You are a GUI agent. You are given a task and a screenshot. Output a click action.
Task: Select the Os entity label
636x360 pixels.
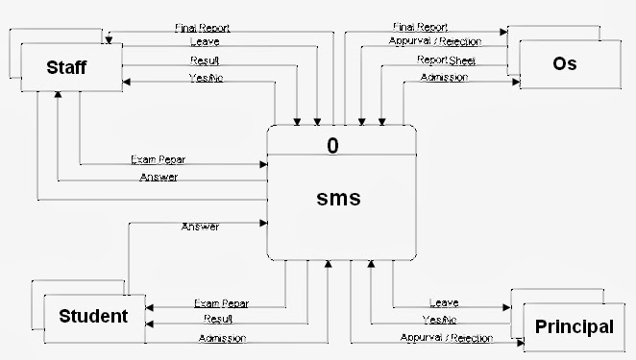[565, 64]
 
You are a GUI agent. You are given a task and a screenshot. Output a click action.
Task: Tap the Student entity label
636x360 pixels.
[93, 316]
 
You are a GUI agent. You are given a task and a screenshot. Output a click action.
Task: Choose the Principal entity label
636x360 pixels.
[575, 326]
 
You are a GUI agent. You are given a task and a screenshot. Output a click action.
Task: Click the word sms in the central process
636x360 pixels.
[338, 199]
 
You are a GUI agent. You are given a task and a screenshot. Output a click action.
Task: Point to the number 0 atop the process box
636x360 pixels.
[332, 146]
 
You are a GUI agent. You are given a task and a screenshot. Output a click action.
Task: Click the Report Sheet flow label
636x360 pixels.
[446, 61]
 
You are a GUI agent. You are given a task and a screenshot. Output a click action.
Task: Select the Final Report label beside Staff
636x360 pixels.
[203, 28]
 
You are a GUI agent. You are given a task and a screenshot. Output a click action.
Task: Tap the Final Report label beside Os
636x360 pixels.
[420, 27]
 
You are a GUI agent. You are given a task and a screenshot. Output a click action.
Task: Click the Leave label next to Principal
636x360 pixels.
[443, 303]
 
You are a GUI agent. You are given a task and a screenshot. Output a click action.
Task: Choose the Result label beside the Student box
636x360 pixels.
[218, 319]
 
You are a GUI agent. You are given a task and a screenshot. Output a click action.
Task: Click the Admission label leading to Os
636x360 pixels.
[444, 78]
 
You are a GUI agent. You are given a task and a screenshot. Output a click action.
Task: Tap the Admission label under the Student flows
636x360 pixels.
[222, 338]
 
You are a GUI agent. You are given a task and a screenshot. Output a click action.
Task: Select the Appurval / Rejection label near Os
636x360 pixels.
[435, 42]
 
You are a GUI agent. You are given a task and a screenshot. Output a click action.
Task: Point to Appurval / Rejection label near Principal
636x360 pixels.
[446, 338]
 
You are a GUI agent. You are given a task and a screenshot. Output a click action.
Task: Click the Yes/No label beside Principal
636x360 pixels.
[440, 320]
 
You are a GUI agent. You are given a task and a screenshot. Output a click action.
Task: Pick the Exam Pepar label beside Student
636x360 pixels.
[221, 303]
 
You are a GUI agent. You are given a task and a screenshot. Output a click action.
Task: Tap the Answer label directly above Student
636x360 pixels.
[200, 227]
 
